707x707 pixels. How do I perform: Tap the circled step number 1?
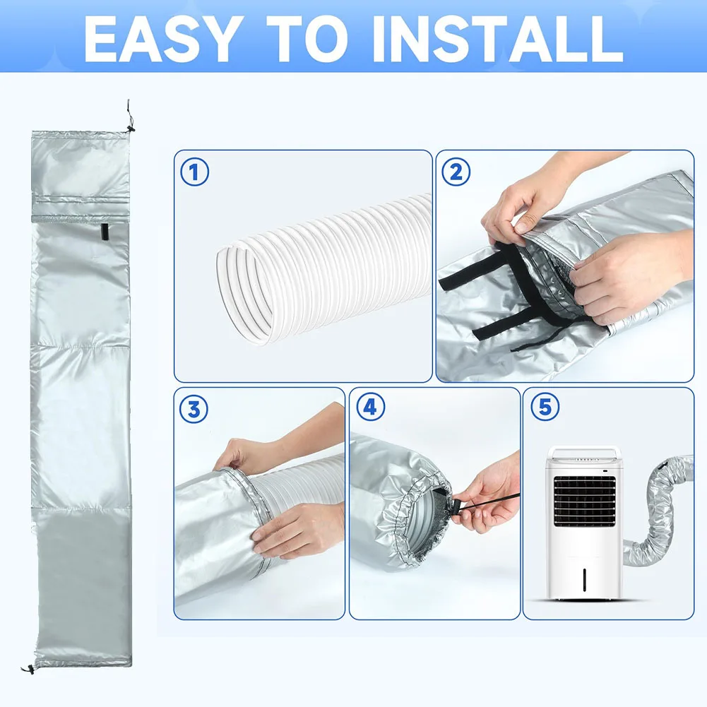[x=195, y=172]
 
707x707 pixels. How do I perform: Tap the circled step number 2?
[x=456, y=172]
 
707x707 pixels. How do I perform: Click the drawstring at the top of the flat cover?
[x=129, y=117]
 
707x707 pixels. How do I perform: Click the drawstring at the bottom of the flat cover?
[x=28, y=667]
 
